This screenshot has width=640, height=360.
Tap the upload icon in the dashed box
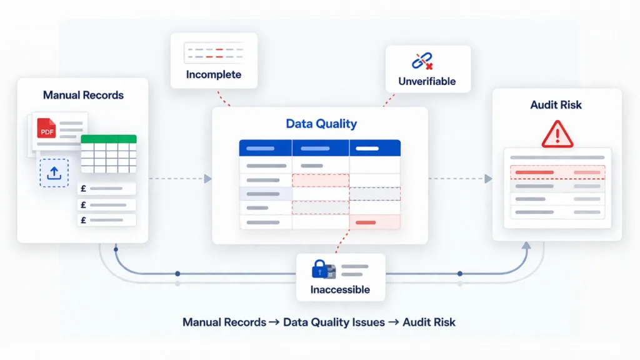pyautogui.click(x=54, y=172)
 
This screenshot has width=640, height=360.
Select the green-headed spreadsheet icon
pyautogui.click(x=108, y=153)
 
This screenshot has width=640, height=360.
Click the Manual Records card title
pyautogui.click(x=83, y=95)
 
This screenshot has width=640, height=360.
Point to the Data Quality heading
pyautogui.click(x=321, y=124)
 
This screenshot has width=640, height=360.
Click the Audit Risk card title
pyautogui.click(x=556, y=105)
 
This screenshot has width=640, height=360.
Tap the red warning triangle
pyautogui.click(x=557, y=134)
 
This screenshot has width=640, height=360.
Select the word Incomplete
pyautogui.click(x=213, y=75)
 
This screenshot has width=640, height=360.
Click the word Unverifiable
pyautogui.click(x=427, y=81)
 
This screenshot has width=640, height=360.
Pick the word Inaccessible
pyautogui.click(x=340, y=289)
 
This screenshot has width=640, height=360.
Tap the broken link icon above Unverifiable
pyautogui.click(x=423, y=61)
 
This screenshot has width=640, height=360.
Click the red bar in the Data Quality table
pyautogui.click(x=366, y=222)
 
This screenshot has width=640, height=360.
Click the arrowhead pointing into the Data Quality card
pyautogui.click(x=207, y=179)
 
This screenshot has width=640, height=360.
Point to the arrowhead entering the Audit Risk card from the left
pyautogui.click(x=487, y=179)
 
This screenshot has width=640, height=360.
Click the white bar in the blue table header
pyautogui.click(x=367, y=149)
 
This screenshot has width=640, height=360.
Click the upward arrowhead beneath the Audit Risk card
pyautogui.click(x=526, y=246)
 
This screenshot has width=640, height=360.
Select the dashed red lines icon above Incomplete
pyautogui.click(x=213, y=52)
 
